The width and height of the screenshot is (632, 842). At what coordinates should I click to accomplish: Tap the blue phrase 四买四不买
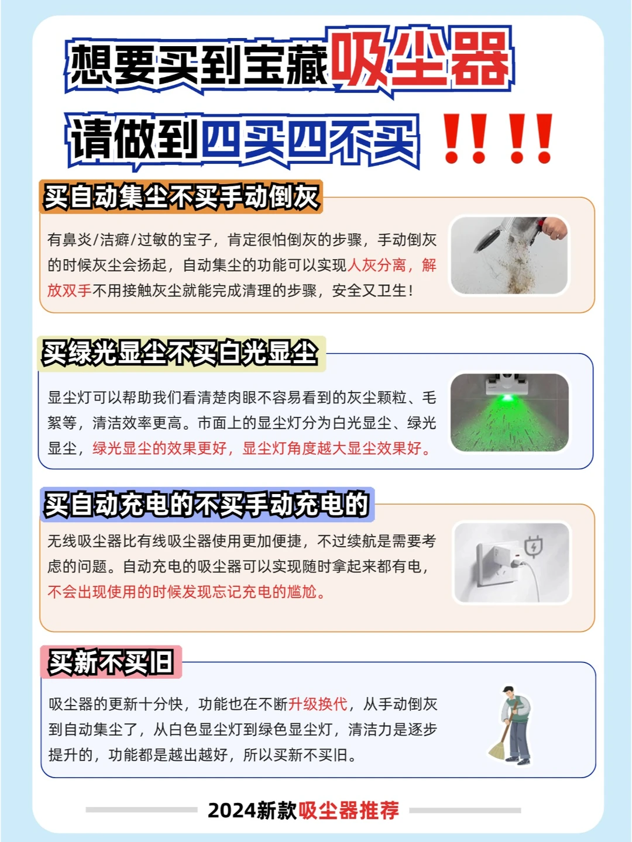click(x=310, y=142)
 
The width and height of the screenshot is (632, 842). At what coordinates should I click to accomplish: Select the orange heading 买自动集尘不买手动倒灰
click(x=181, y=197)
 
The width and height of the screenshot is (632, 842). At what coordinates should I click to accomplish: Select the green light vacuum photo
click(x=509, y=412)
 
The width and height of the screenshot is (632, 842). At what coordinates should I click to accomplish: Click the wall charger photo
click(x=512, y=563)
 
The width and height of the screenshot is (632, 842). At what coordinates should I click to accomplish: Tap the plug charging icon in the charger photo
click(x=533, y=546)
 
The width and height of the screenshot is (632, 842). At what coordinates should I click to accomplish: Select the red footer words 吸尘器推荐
click(x=349, y=810)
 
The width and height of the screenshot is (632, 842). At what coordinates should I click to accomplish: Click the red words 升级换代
click(x=318, y=704)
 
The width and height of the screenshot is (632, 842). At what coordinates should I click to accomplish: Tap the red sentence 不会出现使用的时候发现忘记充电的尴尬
click(x=187, y=592)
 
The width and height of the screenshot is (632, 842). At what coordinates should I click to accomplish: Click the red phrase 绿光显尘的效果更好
click(x=159, y=448)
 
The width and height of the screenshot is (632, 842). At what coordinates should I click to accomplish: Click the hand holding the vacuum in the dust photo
click(x=554, y=228)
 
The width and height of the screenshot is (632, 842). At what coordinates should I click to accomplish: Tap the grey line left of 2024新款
click(x=141, y=810)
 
